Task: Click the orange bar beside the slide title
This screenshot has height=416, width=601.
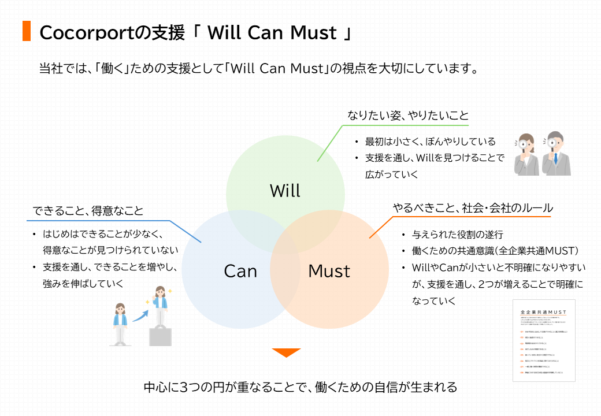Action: pos(26,31)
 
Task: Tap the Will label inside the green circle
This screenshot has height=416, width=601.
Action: pos(285,191)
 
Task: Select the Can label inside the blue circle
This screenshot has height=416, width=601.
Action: pos(240,271)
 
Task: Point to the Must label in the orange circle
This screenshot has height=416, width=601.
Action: pos(329,271)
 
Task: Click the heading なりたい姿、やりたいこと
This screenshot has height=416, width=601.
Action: pos(407,115)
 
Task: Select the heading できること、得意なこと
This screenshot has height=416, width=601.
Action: pos(88,211)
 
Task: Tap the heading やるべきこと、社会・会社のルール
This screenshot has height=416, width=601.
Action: pos(473,207)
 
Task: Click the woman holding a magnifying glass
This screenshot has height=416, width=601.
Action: pos(526,155)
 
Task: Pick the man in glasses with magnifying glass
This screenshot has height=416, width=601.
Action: pos(557,153)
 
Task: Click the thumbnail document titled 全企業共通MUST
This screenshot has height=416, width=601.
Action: pos(544,340)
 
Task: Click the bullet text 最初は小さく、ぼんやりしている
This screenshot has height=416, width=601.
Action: pos(430,142)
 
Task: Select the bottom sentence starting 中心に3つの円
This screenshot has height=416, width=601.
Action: pos(300,387)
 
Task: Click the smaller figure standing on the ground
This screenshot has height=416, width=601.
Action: pos(120,324)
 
